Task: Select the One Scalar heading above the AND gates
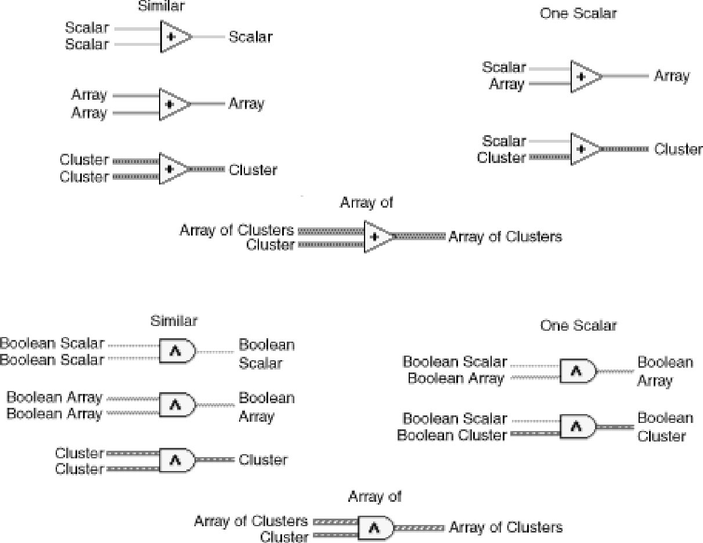point(578,325)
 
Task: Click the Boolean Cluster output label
point(665,427)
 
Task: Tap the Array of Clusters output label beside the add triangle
point(505,237)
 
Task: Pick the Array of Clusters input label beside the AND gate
point(251,521)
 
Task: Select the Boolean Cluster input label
point(452,435)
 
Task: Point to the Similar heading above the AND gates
point(174,320)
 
